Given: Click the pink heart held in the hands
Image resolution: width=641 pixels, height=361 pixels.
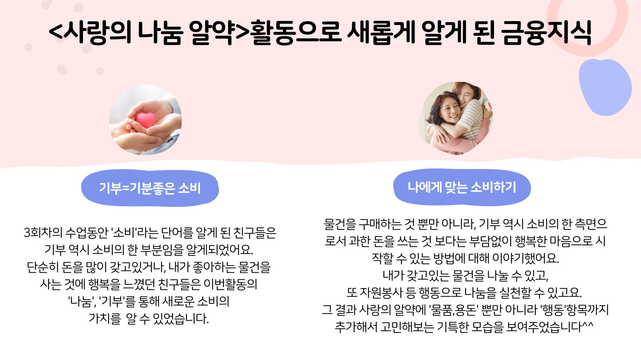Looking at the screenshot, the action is tap(146, 120).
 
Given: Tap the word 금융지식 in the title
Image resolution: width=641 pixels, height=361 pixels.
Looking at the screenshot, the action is tap(547, 32).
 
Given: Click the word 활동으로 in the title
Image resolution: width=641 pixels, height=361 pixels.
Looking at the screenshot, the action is tap(296, 32).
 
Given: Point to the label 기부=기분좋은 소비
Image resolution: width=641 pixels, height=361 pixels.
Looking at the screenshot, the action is tap(150, 188).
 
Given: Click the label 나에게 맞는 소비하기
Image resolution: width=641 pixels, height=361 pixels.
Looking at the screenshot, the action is tap(462, 187).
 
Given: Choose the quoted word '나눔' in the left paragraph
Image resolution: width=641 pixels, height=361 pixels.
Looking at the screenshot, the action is tap(81, 302).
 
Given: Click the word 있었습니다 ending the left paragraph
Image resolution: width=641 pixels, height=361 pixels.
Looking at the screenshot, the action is tap(181, 319).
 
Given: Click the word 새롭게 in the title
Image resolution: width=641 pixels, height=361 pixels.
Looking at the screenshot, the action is tap(381, 32).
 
